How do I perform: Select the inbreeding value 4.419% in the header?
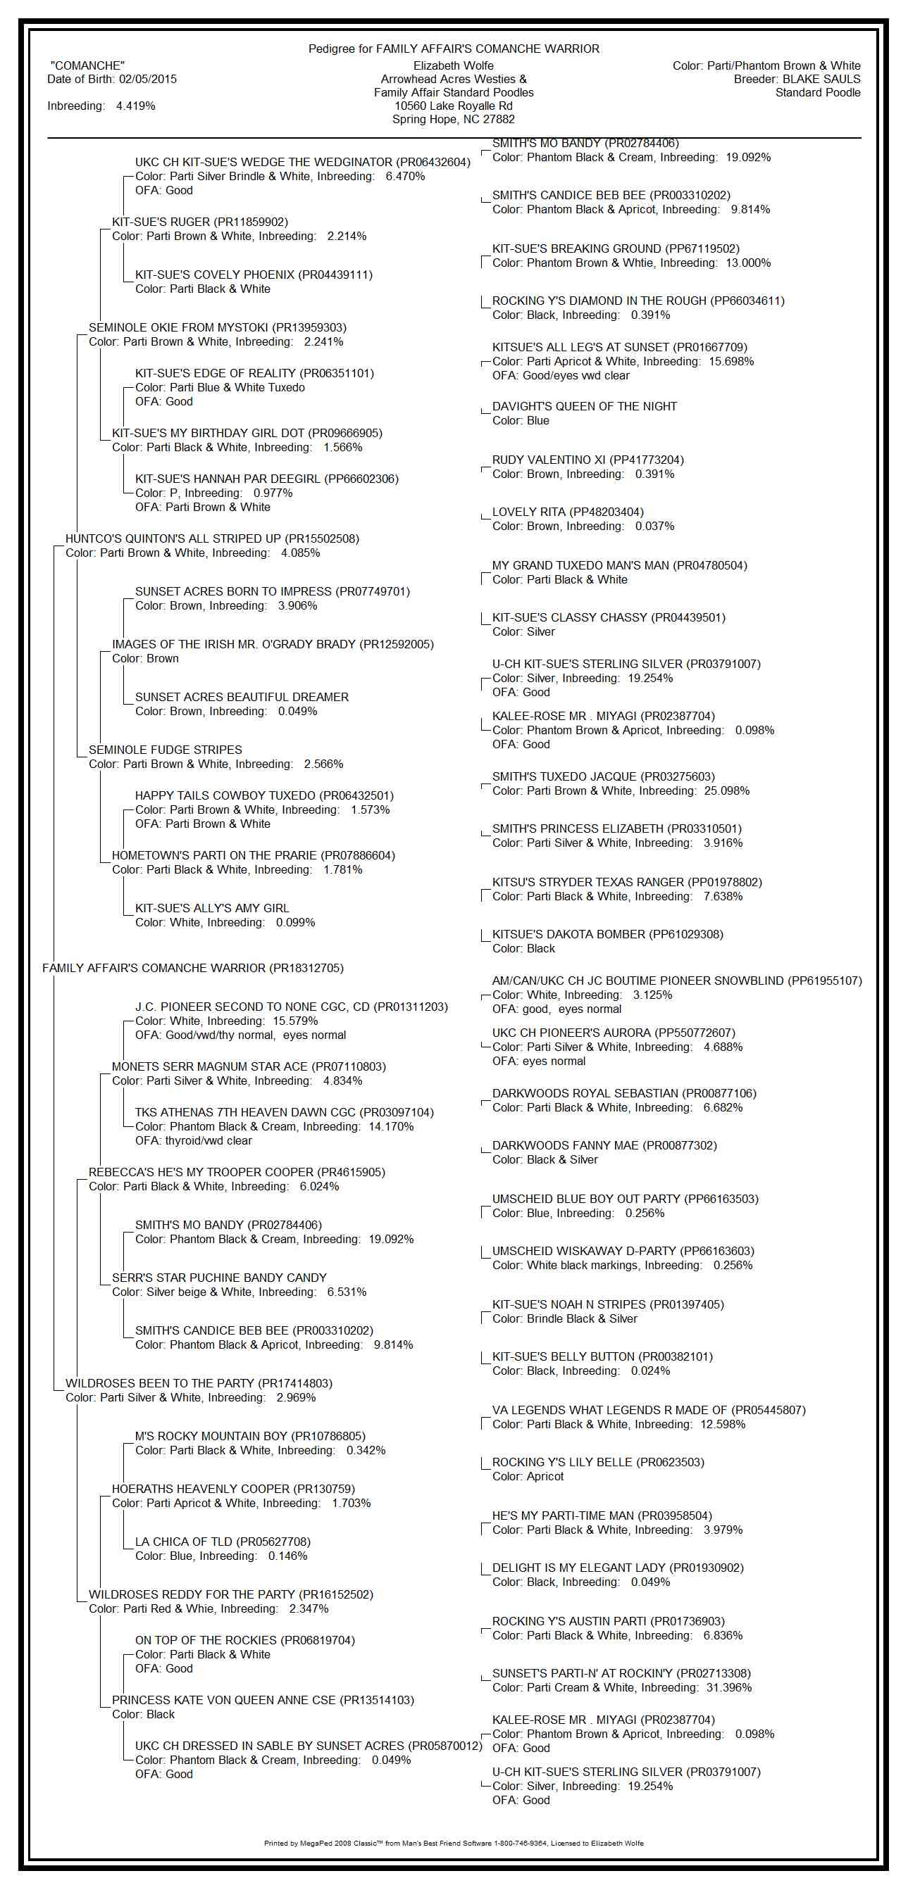click(x=136, y=106)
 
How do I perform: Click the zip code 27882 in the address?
click(x=499, y=120)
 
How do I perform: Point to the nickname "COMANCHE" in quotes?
click(x=87, y=66)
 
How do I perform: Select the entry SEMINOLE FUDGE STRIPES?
click(x=165, y=750)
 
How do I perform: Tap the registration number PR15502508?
click(x=321, y=538)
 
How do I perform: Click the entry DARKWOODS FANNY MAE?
click(x=566, y=1145)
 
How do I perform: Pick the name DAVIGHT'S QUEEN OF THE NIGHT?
click(x=584, y=406)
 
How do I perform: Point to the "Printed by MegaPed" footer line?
click(x=453, y=1843)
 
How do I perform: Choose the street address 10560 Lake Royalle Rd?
click(x=453, y=106)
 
